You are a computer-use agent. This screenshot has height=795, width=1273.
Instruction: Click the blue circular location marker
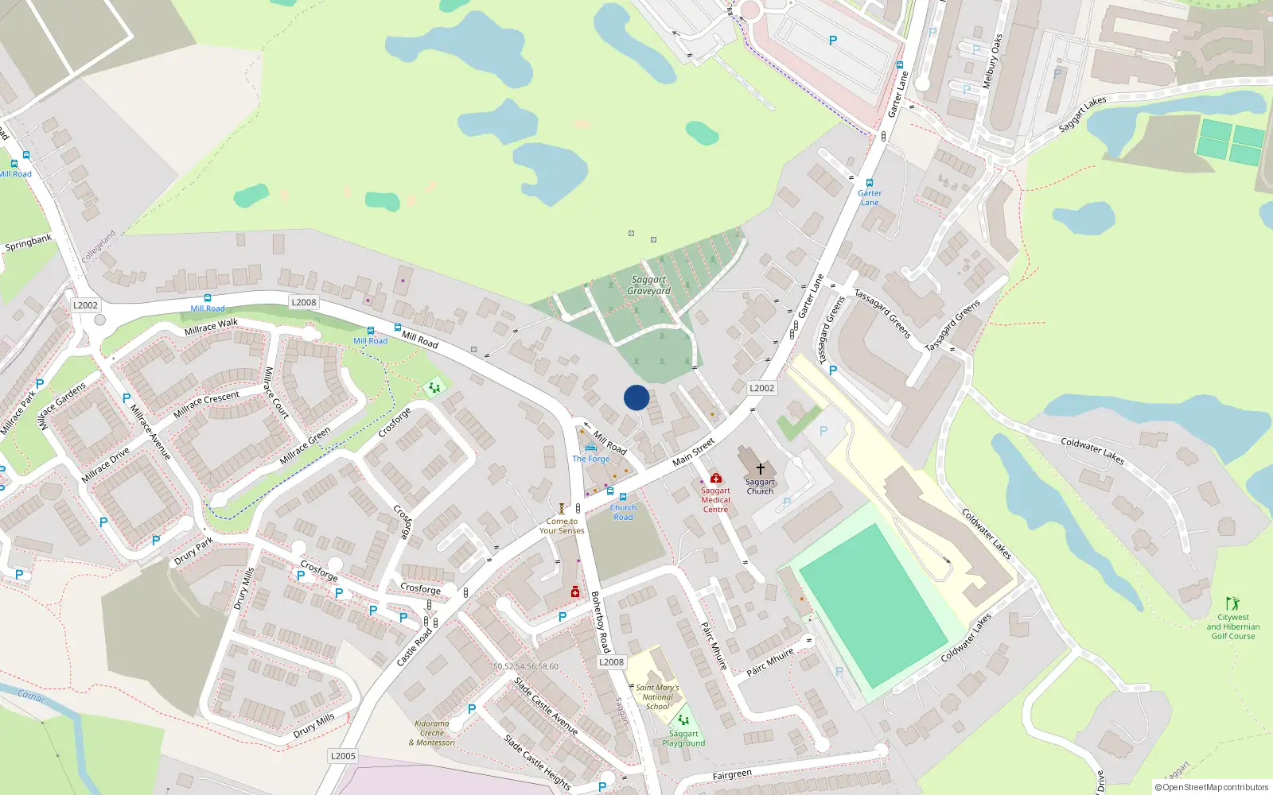click(x=636, y=397)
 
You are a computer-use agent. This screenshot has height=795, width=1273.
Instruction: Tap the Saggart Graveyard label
click(x=648, y=285)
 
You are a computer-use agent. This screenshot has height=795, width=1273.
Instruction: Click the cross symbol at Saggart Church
click(x=760, y=469)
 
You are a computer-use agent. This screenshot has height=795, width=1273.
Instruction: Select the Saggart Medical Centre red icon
click(x=716, y=478)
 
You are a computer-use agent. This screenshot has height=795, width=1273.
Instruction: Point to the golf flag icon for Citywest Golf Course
click(x=1232, y=603)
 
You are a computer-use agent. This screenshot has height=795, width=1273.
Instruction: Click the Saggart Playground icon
click(x=683, y=720)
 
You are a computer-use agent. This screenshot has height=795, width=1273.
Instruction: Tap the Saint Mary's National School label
click(x=657, y=697)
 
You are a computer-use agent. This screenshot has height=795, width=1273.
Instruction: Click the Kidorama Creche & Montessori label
click(x=432, y=733)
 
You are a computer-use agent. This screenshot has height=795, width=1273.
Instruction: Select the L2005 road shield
click(x=343, y=756)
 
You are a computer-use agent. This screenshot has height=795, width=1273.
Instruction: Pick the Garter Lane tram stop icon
click(x=869, y=183)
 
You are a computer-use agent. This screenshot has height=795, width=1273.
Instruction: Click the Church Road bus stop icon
click(x=623, y=497)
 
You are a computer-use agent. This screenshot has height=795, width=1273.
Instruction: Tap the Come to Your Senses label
click(x=562, y=526)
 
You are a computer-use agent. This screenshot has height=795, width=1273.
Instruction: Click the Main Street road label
click(x=693, y=452)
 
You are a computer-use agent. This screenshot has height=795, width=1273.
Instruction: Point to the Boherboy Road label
click(x=600, y=622)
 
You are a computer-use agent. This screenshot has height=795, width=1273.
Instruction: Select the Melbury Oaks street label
click(x=992, y=60)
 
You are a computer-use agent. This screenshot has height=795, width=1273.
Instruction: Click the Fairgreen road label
click(x=732, y=774)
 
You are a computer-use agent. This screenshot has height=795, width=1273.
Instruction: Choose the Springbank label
click(x=29, y=242)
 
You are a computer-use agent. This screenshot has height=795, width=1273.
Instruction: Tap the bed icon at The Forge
click(x=590, y=448)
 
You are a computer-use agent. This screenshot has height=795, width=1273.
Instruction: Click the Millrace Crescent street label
click(x=206, y=404)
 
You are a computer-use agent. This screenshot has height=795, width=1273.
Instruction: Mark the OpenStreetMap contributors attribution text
click(x=1211, y=787)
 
